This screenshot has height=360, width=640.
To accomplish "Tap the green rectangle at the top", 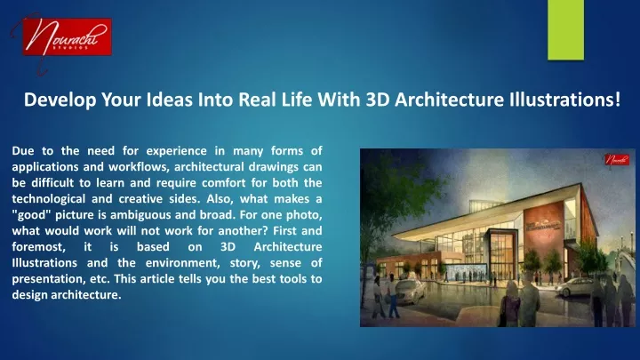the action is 565,30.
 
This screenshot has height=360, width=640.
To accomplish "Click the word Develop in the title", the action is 60,100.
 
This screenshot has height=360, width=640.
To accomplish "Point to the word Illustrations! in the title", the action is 565,100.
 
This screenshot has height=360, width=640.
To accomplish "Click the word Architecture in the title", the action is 450,100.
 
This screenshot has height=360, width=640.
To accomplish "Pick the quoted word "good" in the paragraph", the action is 30,215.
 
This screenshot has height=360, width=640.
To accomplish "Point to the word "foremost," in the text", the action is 38,247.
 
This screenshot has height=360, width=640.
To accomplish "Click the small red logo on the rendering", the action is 617,160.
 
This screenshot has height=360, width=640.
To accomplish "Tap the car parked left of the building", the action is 410,292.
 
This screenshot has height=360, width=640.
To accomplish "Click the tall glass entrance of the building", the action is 501,251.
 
